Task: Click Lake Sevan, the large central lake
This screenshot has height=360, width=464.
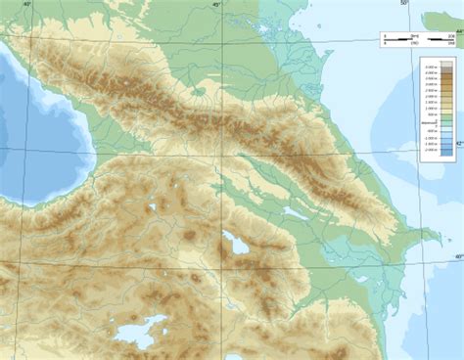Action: (237, 244)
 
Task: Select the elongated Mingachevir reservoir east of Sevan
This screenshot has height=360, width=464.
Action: (297, 211)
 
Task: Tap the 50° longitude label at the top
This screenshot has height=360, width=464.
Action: (404, 4)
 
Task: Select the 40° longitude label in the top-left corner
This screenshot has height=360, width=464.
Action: (27, 5)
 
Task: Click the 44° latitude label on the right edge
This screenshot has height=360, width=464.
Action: (457, 36)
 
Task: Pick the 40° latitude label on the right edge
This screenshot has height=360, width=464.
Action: (457, 256)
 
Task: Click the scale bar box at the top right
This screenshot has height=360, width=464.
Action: (417, 39)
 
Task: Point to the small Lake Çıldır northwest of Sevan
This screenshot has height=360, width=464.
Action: (154, 207)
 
